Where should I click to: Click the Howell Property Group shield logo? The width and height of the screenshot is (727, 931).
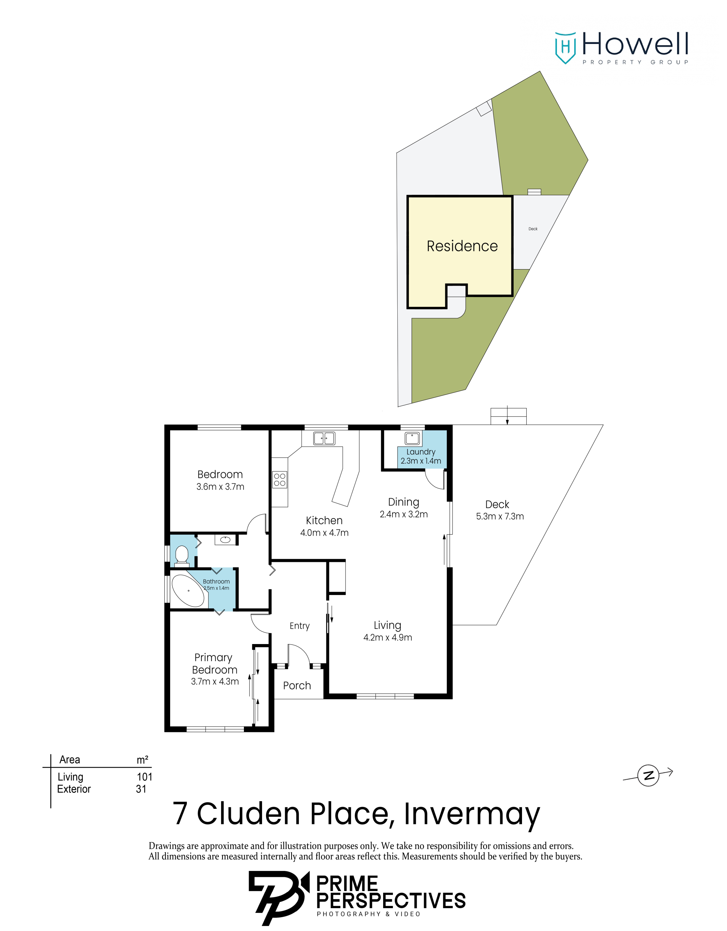click(565, 48)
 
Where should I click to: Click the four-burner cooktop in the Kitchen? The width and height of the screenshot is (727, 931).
click(280, 480)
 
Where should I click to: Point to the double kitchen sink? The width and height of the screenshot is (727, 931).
click(324, 438)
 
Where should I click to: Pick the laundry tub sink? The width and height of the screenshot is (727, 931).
click(412, 438)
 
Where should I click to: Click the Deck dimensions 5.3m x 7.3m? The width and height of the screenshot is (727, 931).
click(500, 516)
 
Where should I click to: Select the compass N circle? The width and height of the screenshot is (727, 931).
click(648, 775)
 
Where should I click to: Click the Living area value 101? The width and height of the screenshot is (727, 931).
click(144, 777)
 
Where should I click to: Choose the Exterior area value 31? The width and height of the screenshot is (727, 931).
click(141, 789)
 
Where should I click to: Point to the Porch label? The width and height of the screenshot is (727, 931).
click(297, 686)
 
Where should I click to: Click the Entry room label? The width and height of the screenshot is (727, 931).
click(300, 626)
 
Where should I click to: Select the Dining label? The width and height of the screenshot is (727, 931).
click(403, 502)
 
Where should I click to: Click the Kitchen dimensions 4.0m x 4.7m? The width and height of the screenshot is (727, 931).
click(324, 532)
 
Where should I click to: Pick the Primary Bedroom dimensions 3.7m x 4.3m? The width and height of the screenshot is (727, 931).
click(215, 681)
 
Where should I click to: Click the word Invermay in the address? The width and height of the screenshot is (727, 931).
click(472, 815)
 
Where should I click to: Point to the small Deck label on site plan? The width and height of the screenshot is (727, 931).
click(533, 229)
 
